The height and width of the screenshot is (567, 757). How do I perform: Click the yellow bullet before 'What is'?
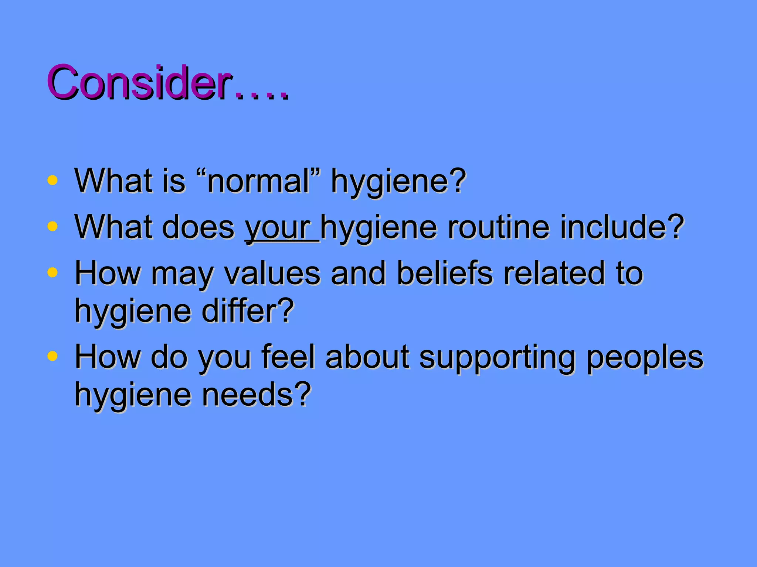(52, 180)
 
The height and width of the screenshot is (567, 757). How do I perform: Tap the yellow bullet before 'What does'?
(52, 226)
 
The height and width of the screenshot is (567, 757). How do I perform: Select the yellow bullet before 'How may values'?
(52, 272)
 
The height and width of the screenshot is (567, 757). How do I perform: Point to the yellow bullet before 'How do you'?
(52, 356)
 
